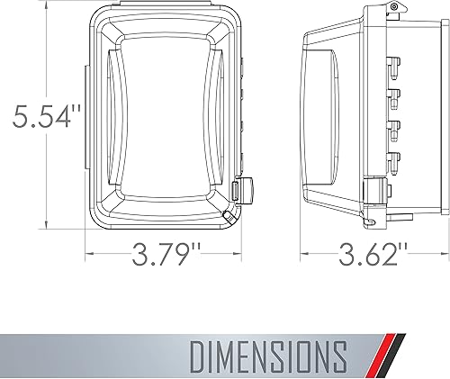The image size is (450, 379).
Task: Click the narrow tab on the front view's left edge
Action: tap(87, 117)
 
